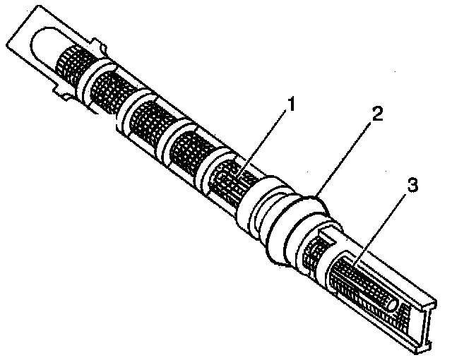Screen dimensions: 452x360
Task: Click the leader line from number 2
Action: [346, 158]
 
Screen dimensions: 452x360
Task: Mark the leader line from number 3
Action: [387, 225]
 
